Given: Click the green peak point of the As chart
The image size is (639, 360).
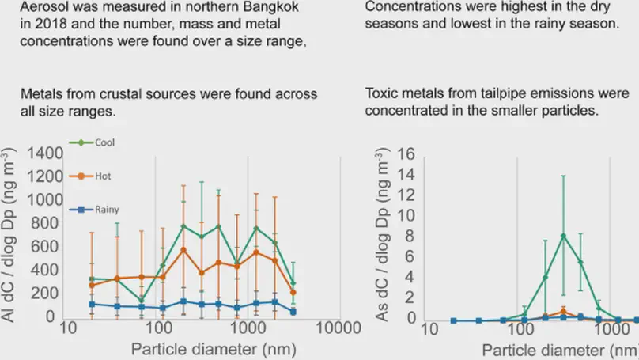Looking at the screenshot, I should tap(563, 236).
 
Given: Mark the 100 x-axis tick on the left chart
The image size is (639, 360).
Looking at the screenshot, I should tap(159, 328).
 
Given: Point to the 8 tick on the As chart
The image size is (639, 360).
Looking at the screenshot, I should tap(407, 235).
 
